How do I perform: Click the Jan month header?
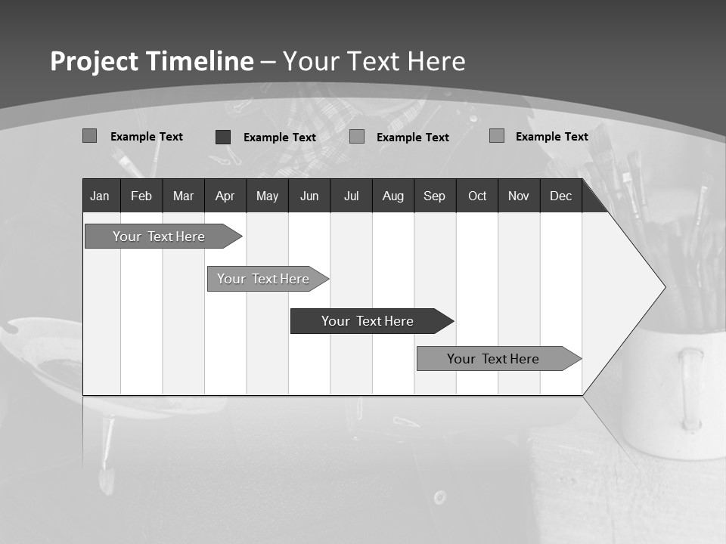(x=100, y=196)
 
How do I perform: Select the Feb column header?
(x=141, y=196)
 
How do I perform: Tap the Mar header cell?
(x=183, y=196)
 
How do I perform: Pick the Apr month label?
(x=225, y=196)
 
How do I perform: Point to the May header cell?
(x=267, y=196)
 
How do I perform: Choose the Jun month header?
(x=309, y=196)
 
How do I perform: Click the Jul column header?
(x=351, y=196)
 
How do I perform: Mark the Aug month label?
(x=393, y=196)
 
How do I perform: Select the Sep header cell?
(x=435, y=196)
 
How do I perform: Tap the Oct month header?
(x=477, y=196)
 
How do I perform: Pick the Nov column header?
(x=519, y=196)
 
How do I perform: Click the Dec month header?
(x=561, y=196)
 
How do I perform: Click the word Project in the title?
(x=95, y=61)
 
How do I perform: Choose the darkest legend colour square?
(x=223, y=137)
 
